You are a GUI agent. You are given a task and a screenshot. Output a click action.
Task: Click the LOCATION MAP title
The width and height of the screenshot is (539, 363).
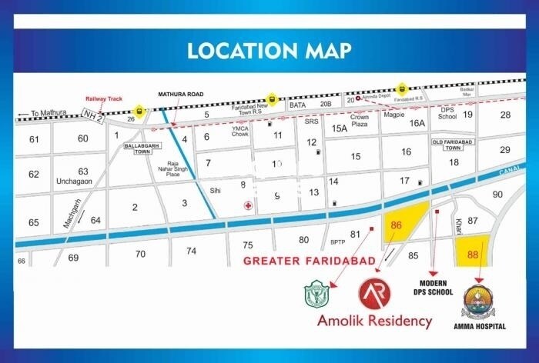[269, 51]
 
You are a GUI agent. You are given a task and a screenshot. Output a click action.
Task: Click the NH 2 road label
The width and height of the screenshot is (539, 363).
[92, 115]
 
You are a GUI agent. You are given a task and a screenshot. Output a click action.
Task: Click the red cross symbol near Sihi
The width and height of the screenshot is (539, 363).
[247, 205]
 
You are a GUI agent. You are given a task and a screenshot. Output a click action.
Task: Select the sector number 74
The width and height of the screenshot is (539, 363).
[191, 251]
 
